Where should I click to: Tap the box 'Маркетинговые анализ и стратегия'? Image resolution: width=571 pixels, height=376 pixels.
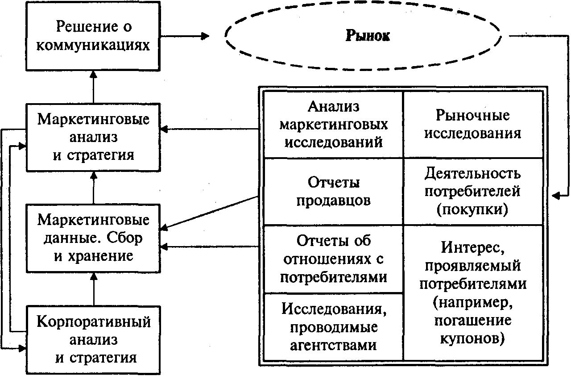click(93, 137)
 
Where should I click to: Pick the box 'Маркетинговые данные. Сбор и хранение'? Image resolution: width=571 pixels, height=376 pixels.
click(93, 238)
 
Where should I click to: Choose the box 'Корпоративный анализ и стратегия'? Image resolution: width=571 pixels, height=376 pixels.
click(93, 340)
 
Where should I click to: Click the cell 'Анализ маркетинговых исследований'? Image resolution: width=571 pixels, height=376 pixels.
click(333, 124)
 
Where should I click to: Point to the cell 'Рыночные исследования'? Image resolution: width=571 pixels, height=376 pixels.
click(473, 124)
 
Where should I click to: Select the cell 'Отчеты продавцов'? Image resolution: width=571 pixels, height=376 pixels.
click(333, 191)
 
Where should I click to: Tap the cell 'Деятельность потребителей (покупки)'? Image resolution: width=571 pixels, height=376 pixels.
click(473, 191)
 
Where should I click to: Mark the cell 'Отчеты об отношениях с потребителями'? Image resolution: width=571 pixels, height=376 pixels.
click(333, 259)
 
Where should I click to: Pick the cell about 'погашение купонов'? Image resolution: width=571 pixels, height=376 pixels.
click(473, 292)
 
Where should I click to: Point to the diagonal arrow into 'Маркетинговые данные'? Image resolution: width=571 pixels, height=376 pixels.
click(210, 212)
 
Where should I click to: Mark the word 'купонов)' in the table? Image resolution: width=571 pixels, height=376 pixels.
click(472, 338)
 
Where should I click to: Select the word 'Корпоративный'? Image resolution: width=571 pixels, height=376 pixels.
click(93, 322)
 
